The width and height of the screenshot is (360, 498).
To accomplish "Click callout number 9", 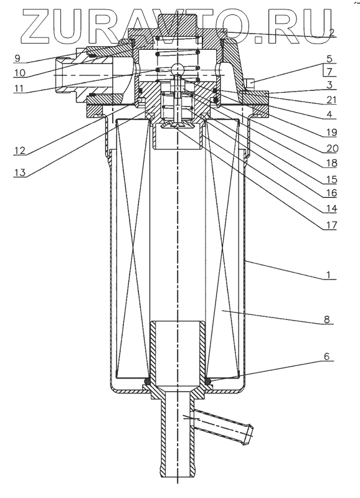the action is point(17,58).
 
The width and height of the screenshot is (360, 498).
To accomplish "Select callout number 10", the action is point(19,73).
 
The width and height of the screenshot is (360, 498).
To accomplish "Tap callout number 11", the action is point(19,88).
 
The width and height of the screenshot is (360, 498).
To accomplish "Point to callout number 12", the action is point(20,150).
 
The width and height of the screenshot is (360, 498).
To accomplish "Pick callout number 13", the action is point(20,172).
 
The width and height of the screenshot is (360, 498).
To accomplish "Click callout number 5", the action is point(329,59).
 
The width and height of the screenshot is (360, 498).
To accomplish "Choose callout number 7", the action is point(329,72).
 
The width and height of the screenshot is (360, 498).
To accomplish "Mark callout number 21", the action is point(331,100).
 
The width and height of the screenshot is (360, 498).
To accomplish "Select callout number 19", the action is point(331,132).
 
